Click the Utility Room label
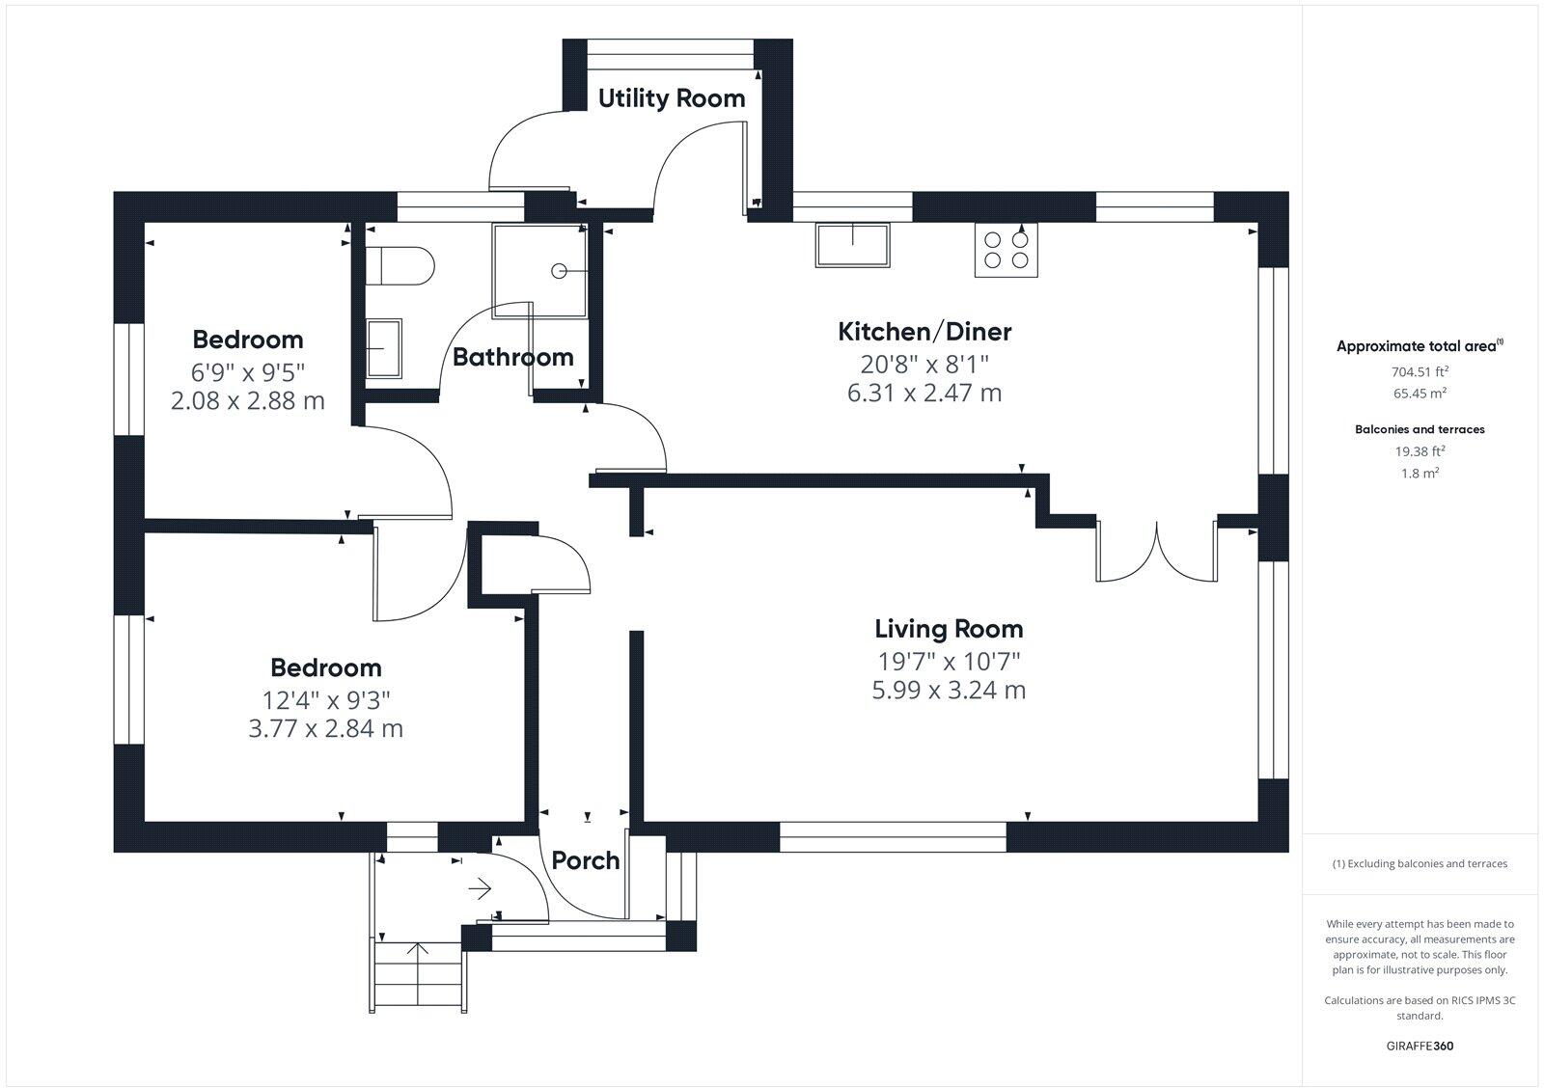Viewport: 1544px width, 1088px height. [x=672, y=98]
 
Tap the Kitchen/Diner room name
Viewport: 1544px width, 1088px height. [x=924, y=332]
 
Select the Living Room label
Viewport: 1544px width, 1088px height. [x=949, y=629]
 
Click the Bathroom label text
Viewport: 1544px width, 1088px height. [x=513, y=357]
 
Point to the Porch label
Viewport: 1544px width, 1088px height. [x=586, y=860]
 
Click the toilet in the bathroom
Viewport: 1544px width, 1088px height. [x=400, y=265]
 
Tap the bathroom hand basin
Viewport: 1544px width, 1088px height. [x=384, y=348]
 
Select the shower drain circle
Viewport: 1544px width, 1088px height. [x=559, y=271]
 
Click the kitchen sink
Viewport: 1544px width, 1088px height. [x=853, y=245]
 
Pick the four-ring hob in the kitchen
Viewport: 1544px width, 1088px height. [x=1006, y=249]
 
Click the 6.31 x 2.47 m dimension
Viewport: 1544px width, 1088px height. [x=924, y=394]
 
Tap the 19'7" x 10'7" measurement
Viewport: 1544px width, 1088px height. [x=949, y=662]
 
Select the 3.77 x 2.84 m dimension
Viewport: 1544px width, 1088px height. [x=326, y=729]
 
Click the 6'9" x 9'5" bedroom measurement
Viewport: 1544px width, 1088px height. [x=248, y=370]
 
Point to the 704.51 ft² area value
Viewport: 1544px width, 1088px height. [x=1420, y=371]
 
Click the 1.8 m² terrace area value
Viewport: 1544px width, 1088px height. [x=1420, y=474]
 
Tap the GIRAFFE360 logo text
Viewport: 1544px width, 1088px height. [x=1420, y=1046]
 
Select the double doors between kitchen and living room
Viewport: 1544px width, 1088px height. [x=1156, y=553]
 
